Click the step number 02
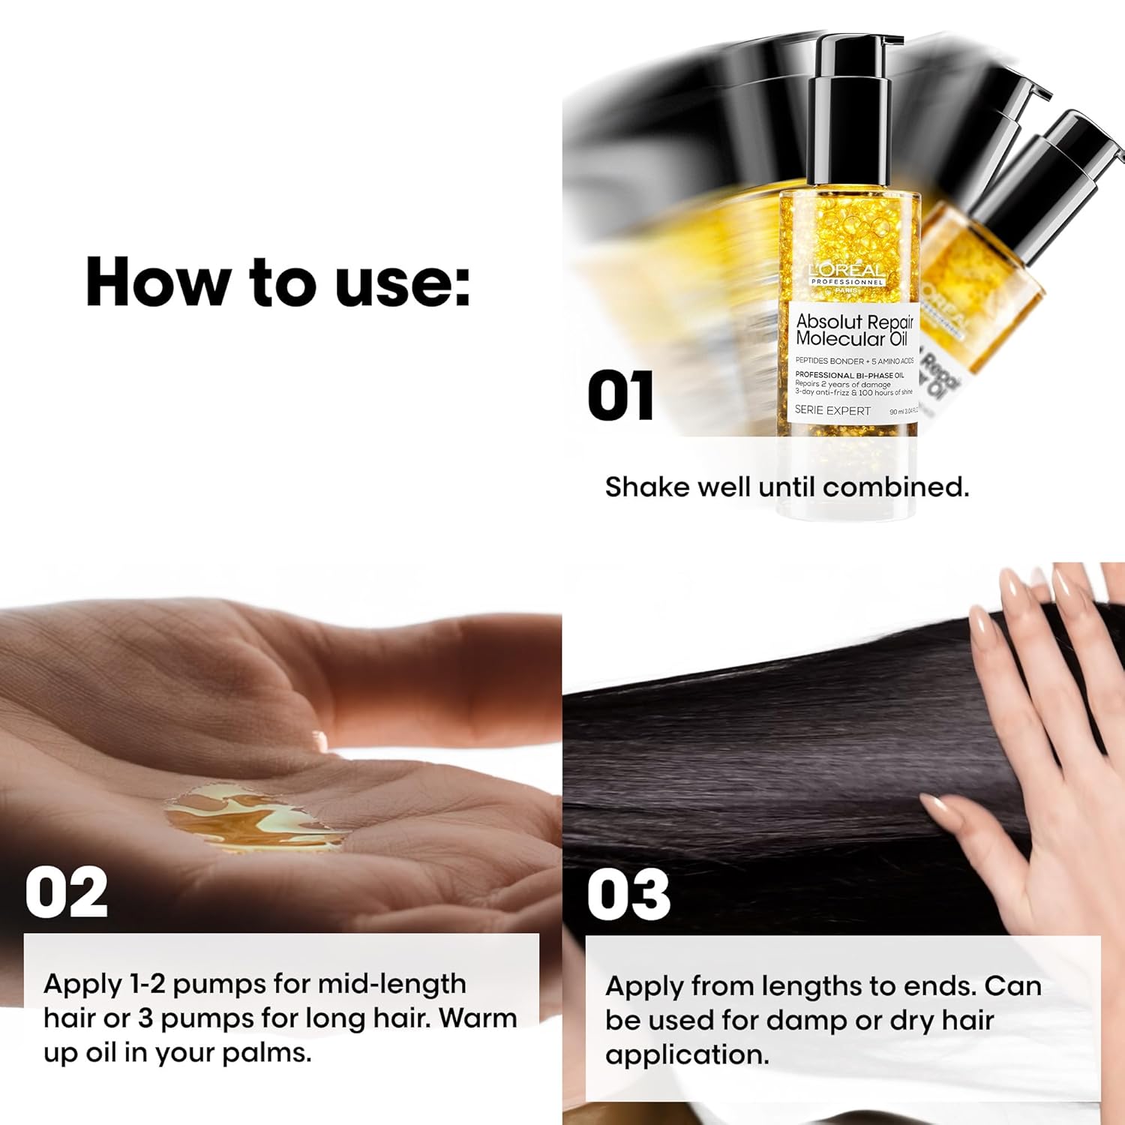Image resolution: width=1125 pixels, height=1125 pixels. tap(66, 893)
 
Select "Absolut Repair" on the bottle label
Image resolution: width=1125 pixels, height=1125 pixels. tap(854, 321)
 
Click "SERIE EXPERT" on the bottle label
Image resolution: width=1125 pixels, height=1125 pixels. tap(832, 410)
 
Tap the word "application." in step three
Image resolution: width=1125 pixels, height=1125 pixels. tap(687, 1054)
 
